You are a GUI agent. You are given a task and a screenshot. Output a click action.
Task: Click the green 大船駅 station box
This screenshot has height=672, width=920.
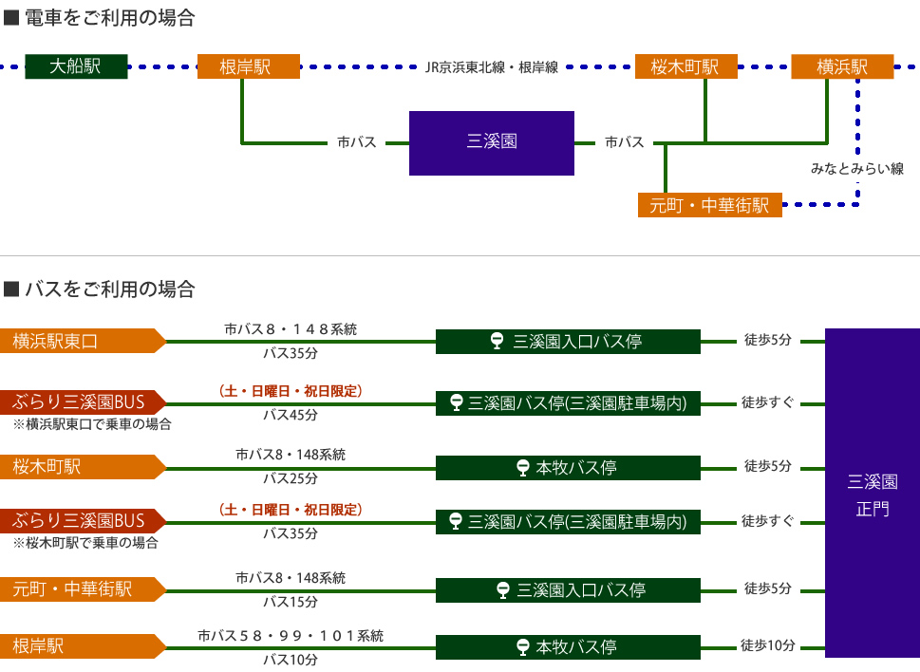[x=76, y=66]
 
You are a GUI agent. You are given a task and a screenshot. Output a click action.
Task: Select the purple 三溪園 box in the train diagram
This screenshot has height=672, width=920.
[x=492, y=142]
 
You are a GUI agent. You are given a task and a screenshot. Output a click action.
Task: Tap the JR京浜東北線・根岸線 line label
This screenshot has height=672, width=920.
[x=491, y=67]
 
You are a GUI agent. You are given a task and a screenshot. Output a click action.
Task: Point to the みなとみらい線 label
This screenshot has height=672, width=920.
[x=856, y=169]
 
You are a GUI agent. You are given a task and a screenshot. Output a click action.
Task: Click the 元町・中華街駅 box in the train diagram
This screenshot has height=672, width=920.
[x=710, y=204]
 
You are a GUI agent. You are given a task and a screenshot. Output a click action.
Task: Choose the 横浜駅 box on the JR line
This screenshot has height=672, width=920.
[x=842, y=66]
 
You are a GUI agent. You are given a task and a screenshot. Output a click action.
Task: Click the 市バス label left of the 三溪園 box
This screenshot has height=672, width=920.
[x=357, y=142]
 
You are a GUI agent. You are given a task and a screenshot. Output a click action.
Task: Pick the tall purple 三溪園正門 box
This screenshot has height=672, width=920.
[x=872, y=494]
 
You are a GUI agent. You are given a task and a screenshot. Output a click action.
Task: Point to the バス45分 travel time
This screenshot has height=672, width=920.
[x=291, y=415]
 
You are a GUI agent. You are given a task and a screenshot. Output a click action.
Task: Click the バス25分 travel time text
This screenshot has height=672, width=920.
[x=291, y=477]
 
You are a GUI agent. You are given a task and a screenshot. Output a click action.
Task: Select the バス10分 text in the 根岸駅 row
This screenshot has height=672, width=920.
[x=291, y=660]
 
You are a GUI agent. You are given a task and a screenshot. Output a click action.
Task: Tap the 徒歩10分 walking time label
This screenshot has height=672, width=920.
[x=768, y=646]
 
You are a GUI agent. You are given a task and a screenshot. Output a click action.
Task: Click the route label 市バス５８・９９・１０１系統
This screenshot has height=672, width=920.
[x=291, y=636]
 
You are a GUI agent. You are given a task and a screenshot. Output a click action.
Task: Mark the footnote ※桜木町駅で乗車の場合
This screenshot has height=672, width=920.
[x=85, y=544]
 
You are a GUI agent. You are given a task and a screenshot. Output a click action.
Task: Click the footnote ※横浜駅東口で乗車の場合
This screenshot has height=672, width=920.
[x=92, y=424]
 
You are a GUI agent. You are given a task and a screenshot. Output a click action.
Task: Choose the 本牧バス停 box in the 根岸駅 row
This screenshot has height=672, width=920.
[x=567, y=647]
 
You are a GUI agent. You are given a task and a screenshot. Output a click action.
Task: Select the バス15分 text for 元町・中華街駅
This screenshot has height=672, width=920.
[x=291, y=601]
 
